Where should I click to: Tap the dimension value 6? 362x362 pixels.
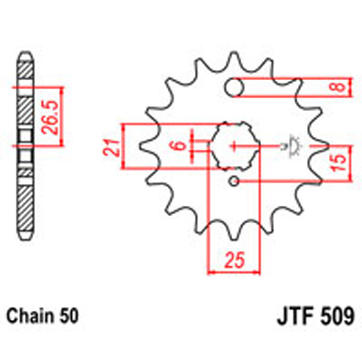pyautogui.click(x=176, y=145)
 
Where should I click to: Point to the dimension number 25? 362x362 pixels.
pyautogui.click(x=234, y=261)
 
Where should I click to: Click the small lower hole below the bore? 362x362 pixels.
pyautogui.click(x=234, y=181)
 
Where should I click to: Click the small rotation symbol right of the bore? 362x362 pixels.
pyautogui.click(x=294, y=145)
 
